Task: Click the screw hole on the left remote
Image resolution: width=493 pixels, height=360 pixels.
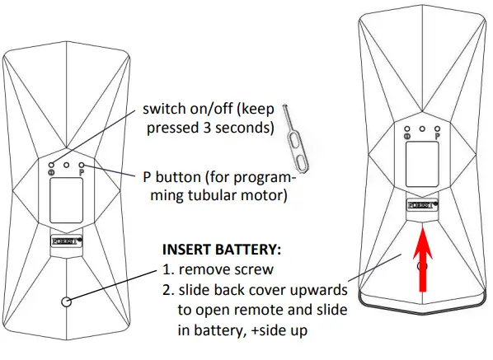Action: point(66,301)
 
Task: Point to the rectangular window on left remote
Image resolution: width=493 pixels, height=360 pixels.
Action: point(66,200)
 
